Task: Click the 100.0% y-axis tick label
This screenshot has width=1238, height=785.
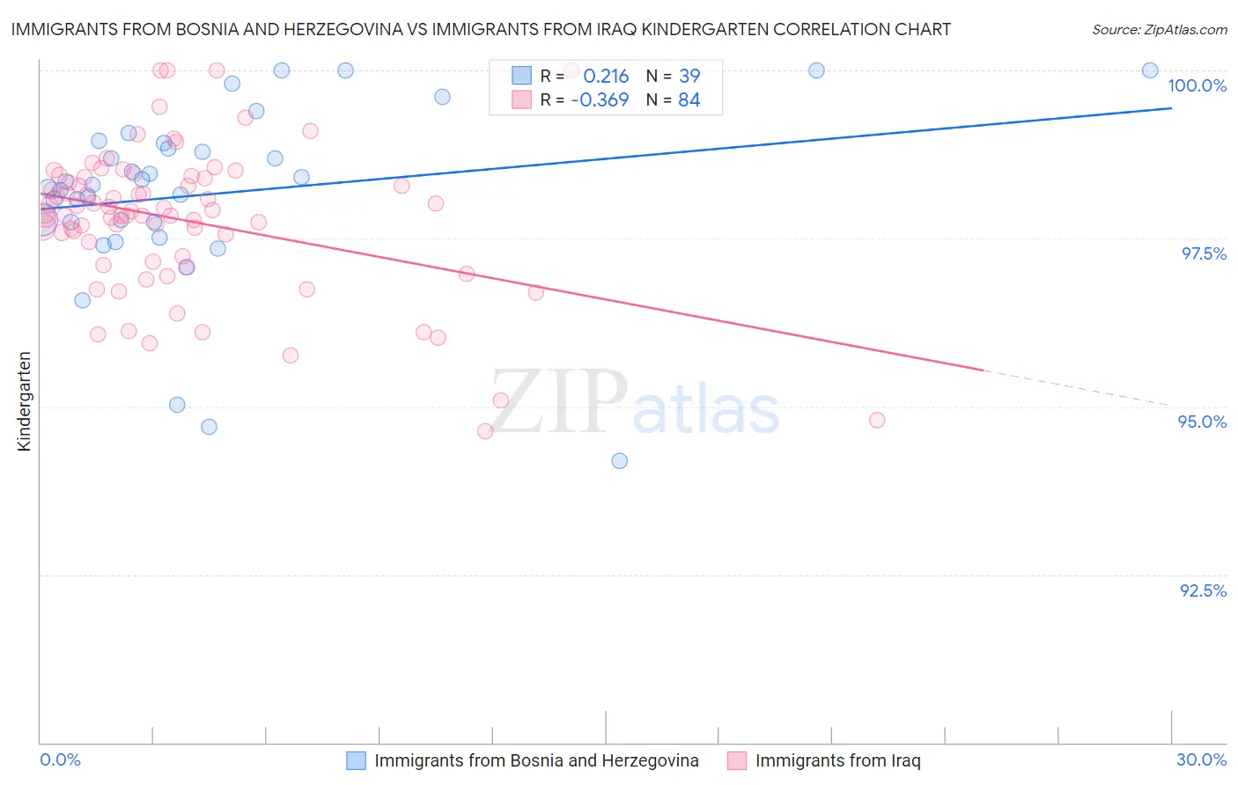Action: (1197, 85)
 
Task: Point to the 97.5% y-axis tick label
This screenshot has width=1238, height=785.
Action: (1203, 253)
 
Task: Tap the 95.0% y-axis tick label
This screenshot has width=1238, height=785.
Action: (1202, 422)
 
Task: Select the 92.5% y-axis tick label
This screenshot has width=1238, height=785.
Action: (1203, 591)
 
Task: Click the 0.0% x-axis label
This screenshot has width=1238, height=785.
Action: (60, 759)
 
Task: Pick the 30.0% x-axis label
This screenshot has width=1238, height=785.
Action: (1201, 759)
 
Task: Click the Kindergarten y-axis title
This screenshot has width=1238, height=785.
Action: (25, 401)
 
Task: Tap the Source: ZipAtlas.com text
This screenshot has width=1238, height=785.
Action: (1159, 29)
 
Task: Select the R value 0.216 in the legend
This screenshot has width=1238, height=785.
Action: (606, 76)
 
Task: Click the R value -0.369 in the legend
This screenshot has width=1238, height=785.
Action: (600, 100)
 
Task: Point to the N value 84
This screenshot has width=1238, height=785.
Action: (689, 100)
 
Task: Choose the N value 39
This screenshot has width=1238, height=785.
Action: (689, 76)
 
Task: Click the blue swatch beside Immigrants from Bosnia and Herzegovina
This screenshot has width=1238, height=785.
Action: (356, 760)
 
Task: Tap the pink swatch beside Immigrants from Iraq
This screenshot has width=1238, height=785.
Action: (737, 760)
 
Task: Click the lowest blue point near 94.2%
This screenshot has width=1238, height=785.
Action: (620, 461)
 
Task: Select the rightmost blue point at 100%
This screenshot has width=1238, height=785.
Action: (1150, 70)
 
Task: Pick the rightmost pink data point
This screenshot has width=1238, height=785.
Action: (877, 421)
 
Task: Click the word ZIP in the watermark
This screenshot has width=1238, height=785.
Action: (558, 402)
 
